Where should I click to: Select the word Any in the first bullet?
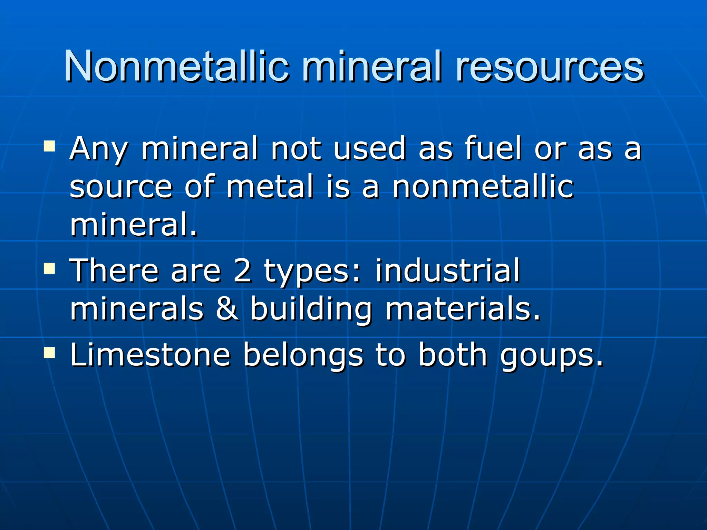(98, 149)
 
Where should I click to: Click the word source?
(121, 187)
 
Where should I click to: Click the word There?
(114, 271)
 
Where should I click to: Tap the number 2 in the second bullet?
(242, 271)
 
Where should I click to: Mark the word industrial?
(447, 271)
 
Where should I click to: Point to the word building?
(311, 309)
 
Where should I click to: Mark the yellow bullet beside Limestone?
(50, 352)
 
